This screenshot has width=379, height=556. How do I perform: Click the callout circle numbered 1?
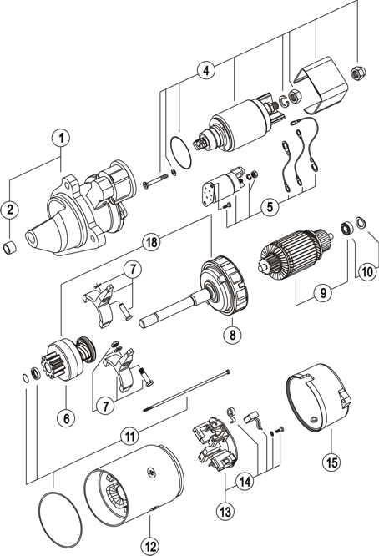tap(61, 138)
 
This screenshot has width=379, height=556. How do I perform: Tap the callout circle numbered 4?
tap(206, 70)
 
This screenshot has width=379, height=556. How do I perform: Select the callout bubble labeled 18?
tap(151, 242)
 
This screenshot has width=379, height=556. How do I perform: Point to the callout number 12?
tap(150, 547)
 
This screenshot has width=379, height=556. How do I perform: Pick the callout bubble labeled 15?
tap(331, 462)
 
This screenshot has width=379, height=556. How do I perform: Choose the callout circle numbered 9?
tap(323, 293)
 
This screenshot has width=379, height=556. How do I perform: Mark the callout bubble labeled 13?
tap(225, 511)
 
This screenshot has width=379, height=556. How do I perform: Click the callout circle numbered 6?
tap(66, 418)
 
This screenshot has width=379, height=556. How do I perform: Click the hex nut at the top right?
tap(358, 73)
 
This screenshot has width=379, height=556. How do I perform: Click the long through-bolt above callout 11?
tap(186, 391)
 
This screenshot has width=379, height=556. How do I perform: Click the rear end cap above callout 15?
tap(318, 397)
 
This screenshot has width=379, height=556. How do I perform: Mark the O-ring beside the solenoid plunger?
tap(180, 151)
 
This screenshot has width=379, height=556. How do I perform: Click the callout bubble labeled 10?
tap(367, 271)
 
